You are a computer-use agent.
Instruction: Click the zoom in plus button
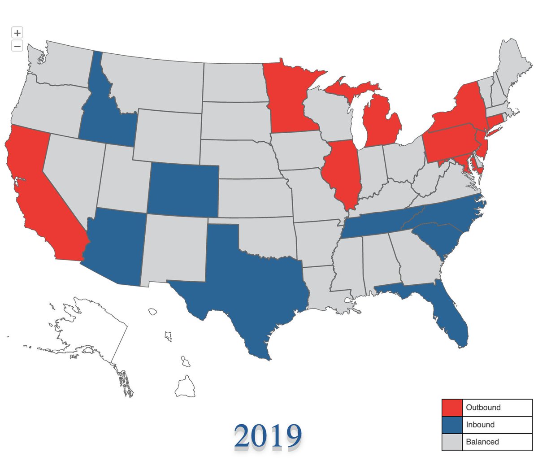[x=17, y=33]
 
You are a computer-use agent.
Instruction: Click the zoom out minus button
[x=17, y=45]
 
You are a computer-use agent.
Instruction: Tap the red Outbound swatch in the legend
[x=451, y=408]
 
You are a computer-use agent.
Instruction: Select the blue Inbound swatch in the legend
[x=451, y=425]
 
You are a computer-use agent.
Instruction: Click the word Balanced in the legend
[x=482, y=442]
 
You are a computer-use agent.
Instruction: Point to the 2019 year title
[x=268, y=435]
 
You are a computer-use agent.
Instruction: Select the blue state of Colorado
[x=183, y=190]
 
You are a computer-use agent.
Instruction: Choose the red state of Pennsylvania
[x=448, y=141]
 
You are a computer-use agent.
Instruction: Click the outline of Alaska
[x=90, y=327]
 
